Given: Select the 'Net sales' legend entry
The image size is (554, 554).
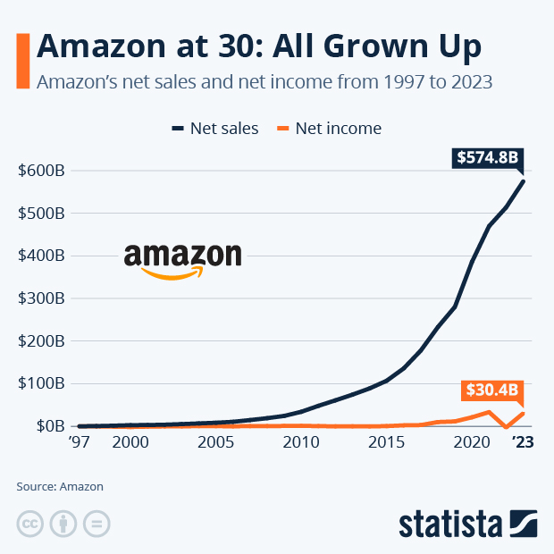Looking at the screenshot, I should pos(214,129).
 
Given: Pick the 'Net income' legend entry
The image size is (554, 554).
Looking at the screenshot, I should pos(329,129).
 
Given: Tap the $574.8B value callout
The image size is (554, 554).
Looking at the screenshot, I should pos(487,158).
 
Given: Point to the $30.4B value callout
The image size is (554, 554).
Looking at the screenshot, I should pos(491,390).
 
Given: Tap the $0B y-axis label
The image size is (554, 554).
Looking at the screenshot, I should pos(45,426).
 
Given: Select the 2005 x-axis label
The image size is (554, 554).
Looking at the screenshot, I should pos(215,442).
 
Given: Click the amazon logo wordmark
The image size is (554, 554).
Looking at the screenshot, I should pos(182,259).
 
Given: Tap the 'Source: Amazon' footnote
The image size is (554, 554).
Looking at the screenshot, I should pos(60,487).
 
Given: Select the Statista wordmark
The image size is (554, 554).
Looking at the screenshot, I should pos(451,522).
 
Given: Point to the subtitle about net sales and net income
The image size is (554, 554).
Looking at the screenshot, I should pos(264,82).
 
